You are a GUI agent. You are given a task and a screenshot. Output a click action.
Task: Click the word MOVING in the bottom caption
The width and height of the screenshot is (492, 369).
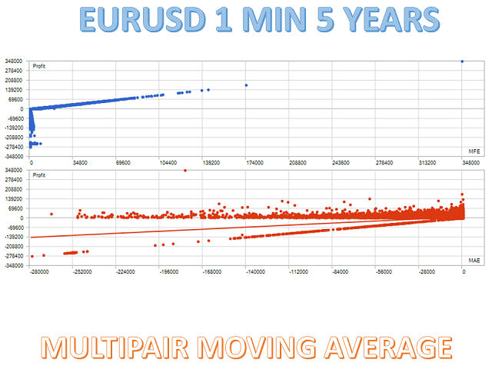coord(254,347)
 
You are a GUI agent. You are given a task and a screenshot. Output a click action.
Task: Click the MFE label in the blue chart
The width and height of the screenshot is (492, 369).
coord(474,148)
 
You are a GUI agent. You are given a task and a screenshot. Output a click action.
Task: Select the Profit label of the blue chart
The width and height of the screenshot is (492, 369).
coord(39,66)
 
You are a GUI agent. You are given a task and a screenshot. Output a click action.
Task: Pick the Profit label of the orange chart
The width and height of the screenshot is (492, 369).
coord(39,175)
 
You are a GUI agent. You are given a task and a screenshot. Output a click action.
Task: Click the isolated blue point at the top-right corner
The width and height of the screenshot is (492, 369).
coord(461,61)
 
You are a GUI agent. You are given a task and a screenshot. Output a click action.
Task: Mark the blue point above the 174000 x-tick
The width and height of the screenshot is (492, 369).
coord(246,85)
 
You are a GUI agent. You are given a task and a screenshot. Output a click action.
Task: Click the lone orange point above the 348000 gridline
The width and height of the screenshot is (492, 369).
coord(185,170)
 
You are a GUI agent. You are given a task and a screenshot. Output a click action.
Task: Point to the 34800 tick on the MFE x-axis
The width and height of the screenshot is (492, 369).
coord(79,162)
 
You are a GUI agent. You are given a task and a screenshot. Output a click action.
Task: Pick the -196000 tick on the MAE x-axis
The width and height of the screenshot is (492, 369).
coord(168,272)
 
